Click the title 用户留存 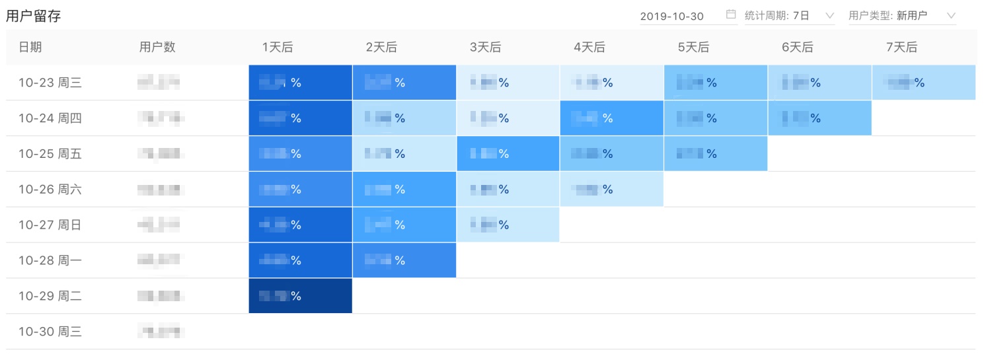[x=33, y=17]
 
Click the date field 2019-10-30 [x=672, y=16]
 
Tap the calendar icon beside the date [x=731, y=15]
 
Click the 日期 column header [x=30, y=47]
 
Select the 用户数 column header [x=157, y=47]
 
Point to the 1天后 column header [x=278, y=47]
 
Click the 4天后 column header [x=589, y=47]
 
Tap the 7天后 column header [x=901, y=47]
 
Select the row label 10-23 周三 [x=50, y=83]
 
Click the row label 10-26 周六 [x=50, y=190]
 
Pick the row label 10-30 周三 [x=50, y=332]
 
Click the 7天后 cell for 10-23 [x=923, y=83]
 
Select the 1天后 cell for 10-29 [x=300, y=296]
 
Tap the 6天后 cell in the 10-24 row [x=819, y=118]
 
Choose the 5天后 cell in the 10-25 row [x=716, y=154]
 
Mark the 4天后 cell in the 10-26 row [x=611, y=190]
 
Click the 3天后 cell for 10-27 [x=508, y=225]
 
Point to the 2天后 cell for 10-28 [x=404, y=260]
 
